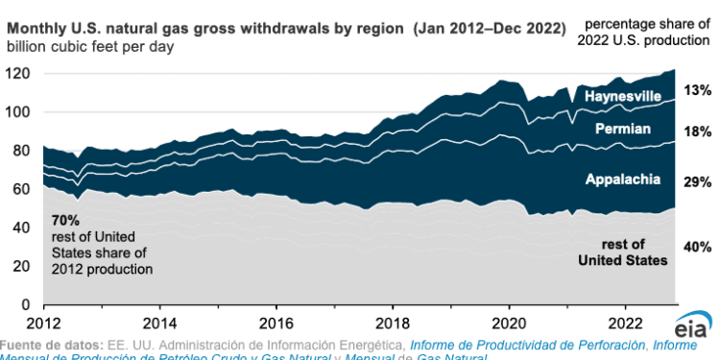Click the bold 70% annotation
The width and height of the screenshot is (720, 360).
pos(65,221)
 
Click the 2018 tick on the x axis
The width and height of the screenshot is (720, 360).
pos(393,321)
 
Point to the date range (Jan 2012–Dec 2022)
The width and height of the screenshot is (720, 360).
pos(490,29)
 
